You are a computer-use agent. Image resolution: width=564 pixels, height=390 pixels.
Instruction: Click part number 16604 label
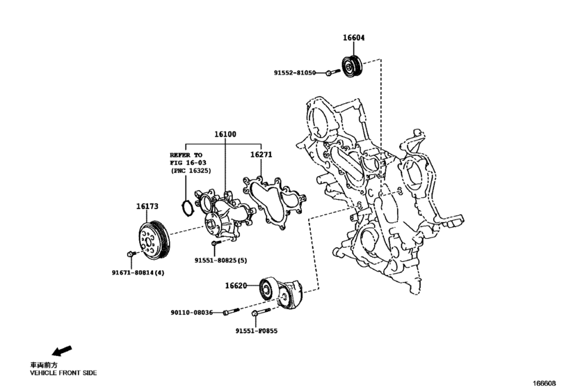[x=353, y=38]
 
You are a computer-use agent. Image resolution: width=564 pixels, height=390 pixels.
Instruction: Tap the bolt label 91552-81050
[x=295, y=72]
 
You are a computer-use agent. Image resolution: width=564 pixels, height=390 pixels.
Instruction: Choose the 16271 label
[x=261, y=157]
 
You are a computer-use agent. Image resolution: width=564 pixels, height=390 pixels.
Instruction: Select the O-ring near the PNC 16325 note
[x=186, y=208]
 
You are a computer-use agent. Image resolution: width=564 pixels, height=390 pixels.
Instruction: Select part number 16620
[x=236, y=286]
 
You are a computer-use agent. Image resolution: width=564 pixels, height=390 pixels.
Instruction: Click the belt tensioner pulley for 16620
[x=266, y=288]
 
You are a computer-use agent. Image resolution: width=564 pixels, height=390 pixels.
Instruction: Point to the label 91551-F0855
[x=256, y=331]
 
